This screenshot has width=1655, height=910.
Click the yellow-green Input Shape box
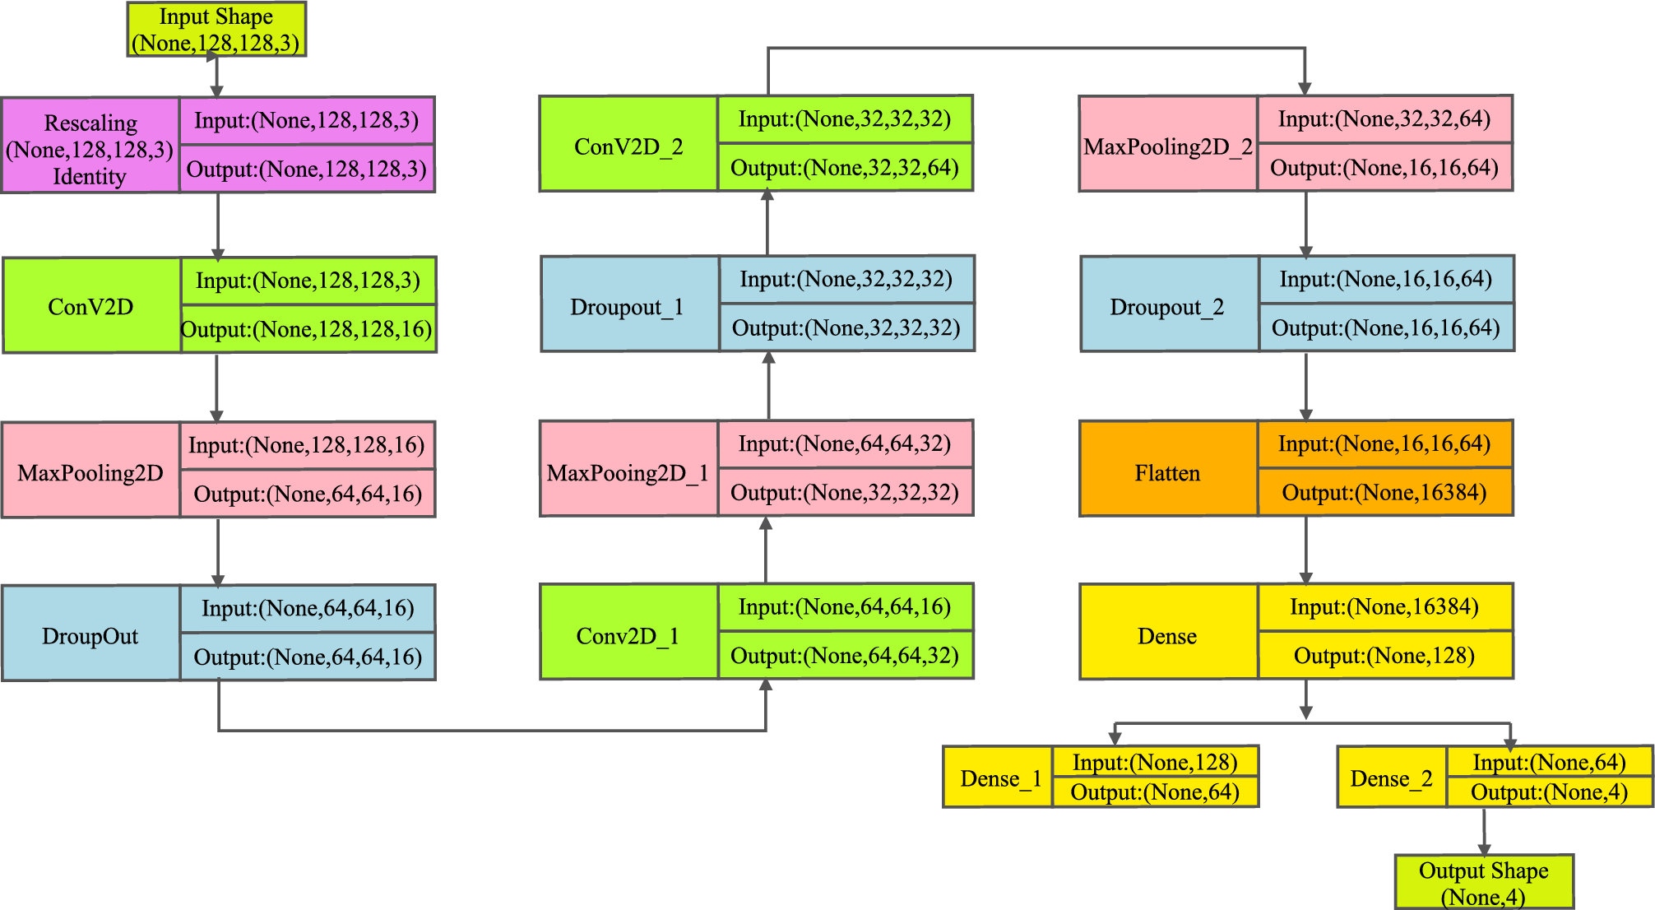click(x=216, y=30)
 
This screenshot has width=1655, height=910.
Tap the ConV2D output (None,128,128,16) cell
click(x=308, y=330)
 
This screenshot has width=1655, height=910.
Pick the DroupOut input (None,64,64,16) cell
click(x=308, y=608)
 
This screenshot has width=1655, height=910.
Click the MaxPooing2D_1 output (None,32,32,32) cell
click(x=845, y=493)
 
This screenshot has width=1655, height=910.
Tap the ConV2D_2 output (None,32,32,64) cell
click(x=845, y=168)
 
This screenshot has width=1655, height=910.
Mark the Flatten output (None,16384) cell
click(x=1384, y=493)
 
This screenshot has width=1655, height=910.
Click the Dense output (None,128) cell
click(x=1384, y=656)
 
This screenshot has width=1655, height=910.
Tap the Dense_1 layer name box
click(x=997, y=778)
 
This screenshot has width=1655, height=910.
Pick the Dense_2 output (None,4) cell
click(x=1549, y=792)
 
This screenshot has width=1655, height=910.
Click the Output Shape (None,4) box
click(x=1484, y=882)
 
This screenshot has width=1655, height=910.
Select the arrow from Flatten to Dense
click(x=1306, y=550)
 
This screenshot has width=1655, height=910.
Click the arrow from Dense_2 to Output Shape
click(x=1484, y=831)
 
